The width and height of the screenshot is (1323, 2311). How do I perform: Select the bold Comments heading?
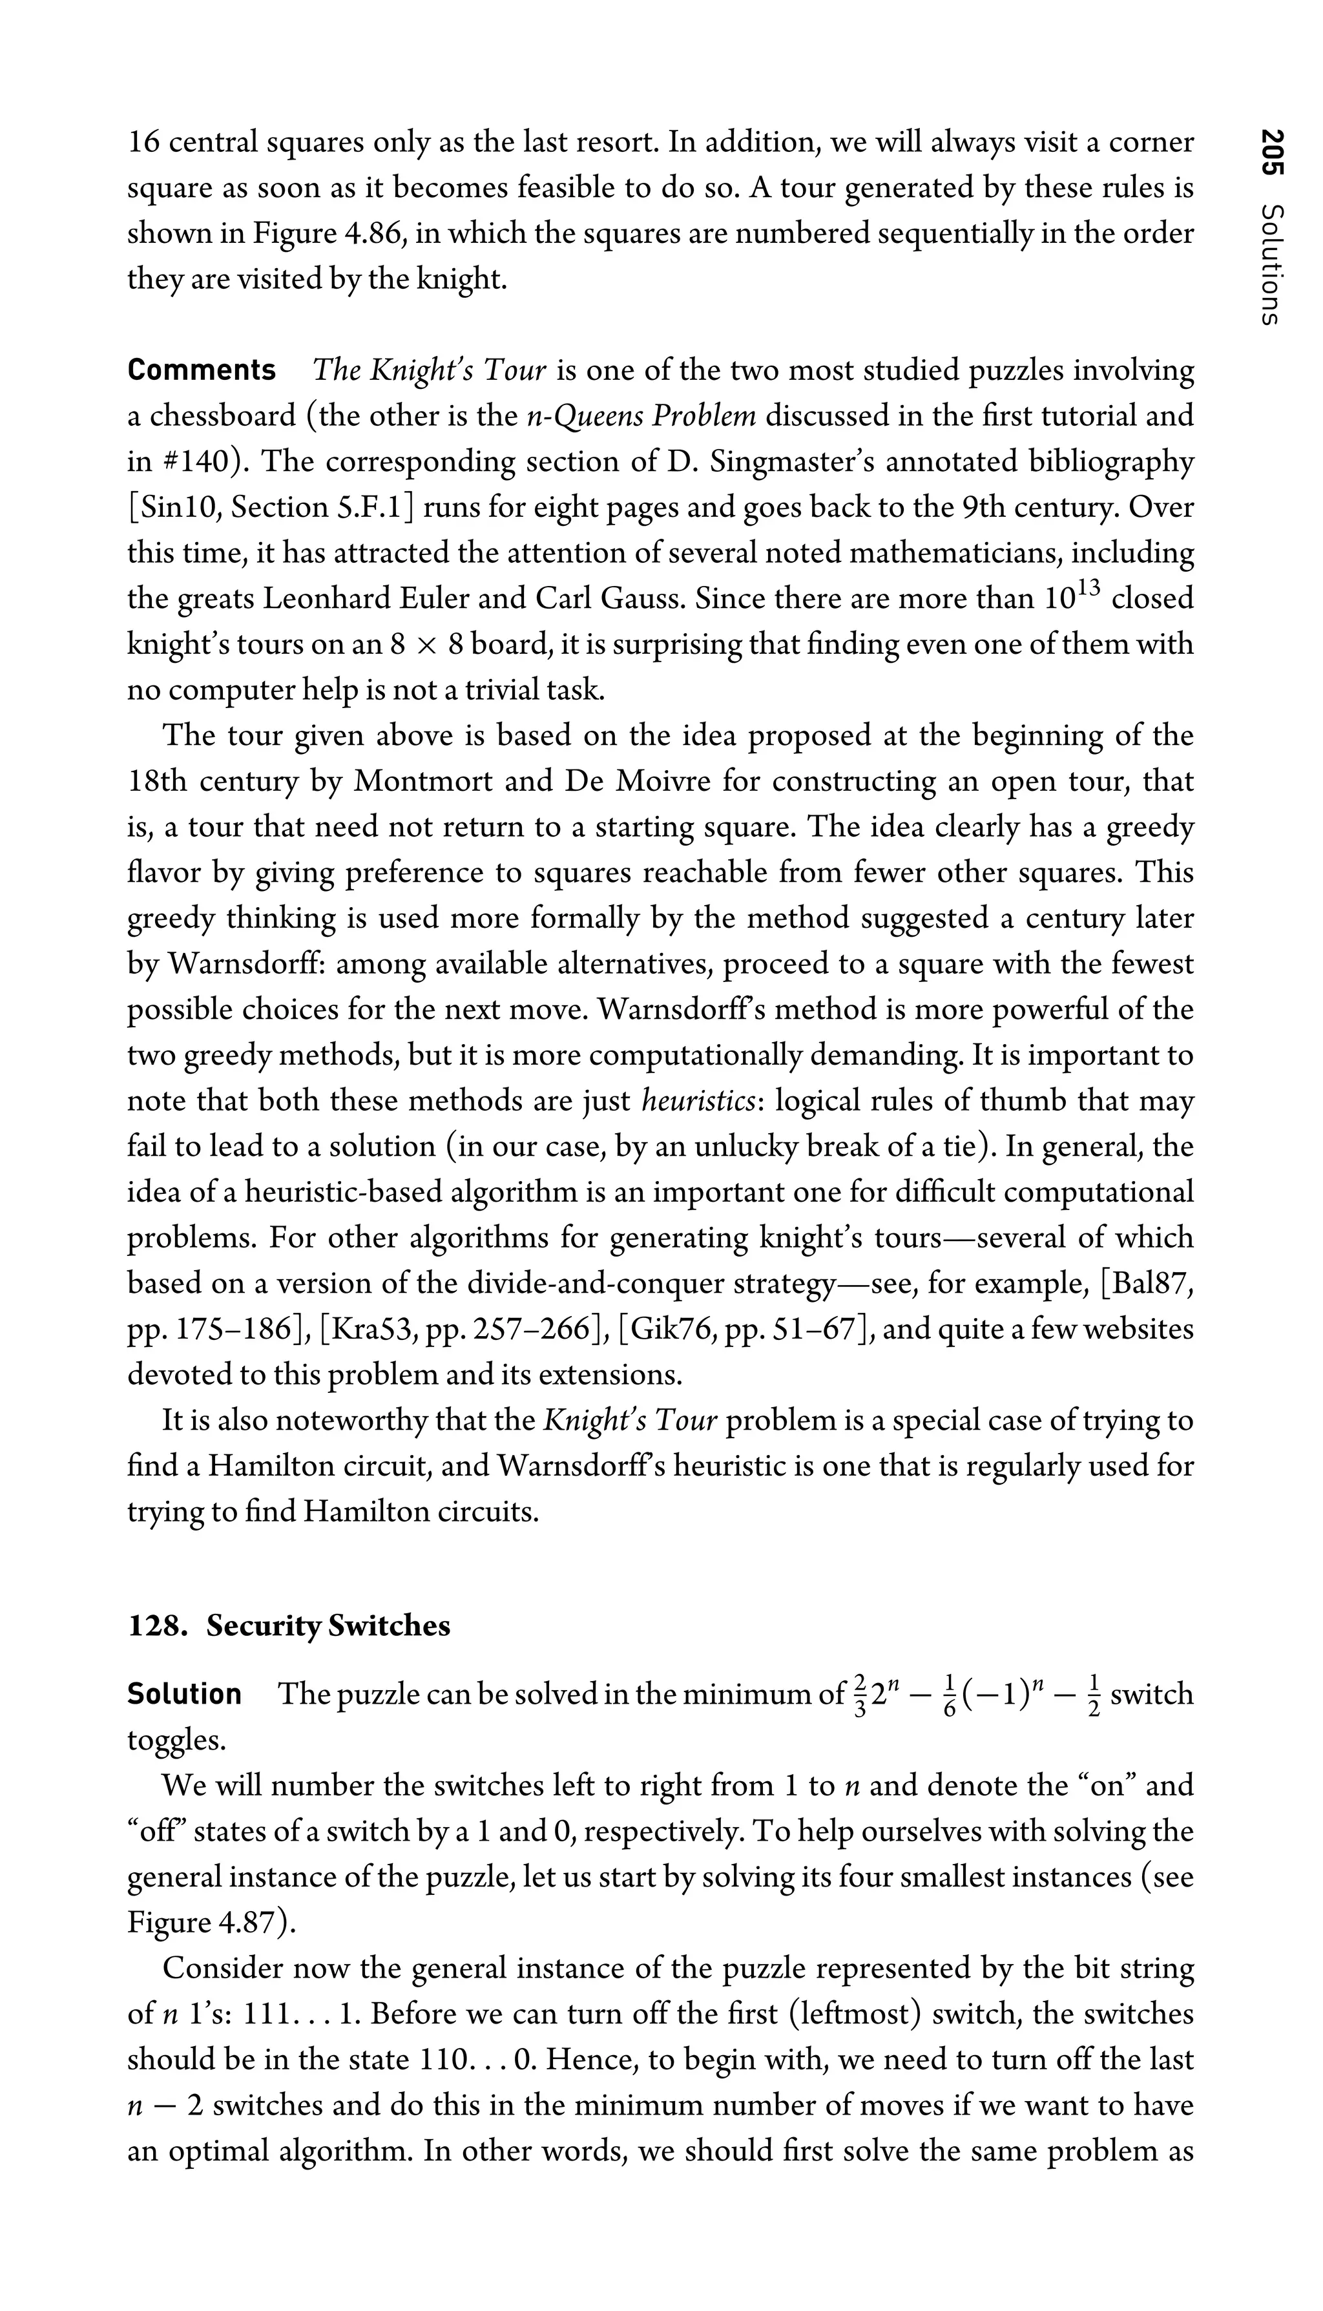click(x=202, y=371)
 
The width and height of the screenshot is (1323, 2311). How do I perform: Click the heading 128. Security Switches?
click(x=289, y=1626)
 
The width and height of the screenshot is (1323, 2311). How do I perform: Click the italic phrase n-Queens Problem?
click(x=641, y=416)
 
